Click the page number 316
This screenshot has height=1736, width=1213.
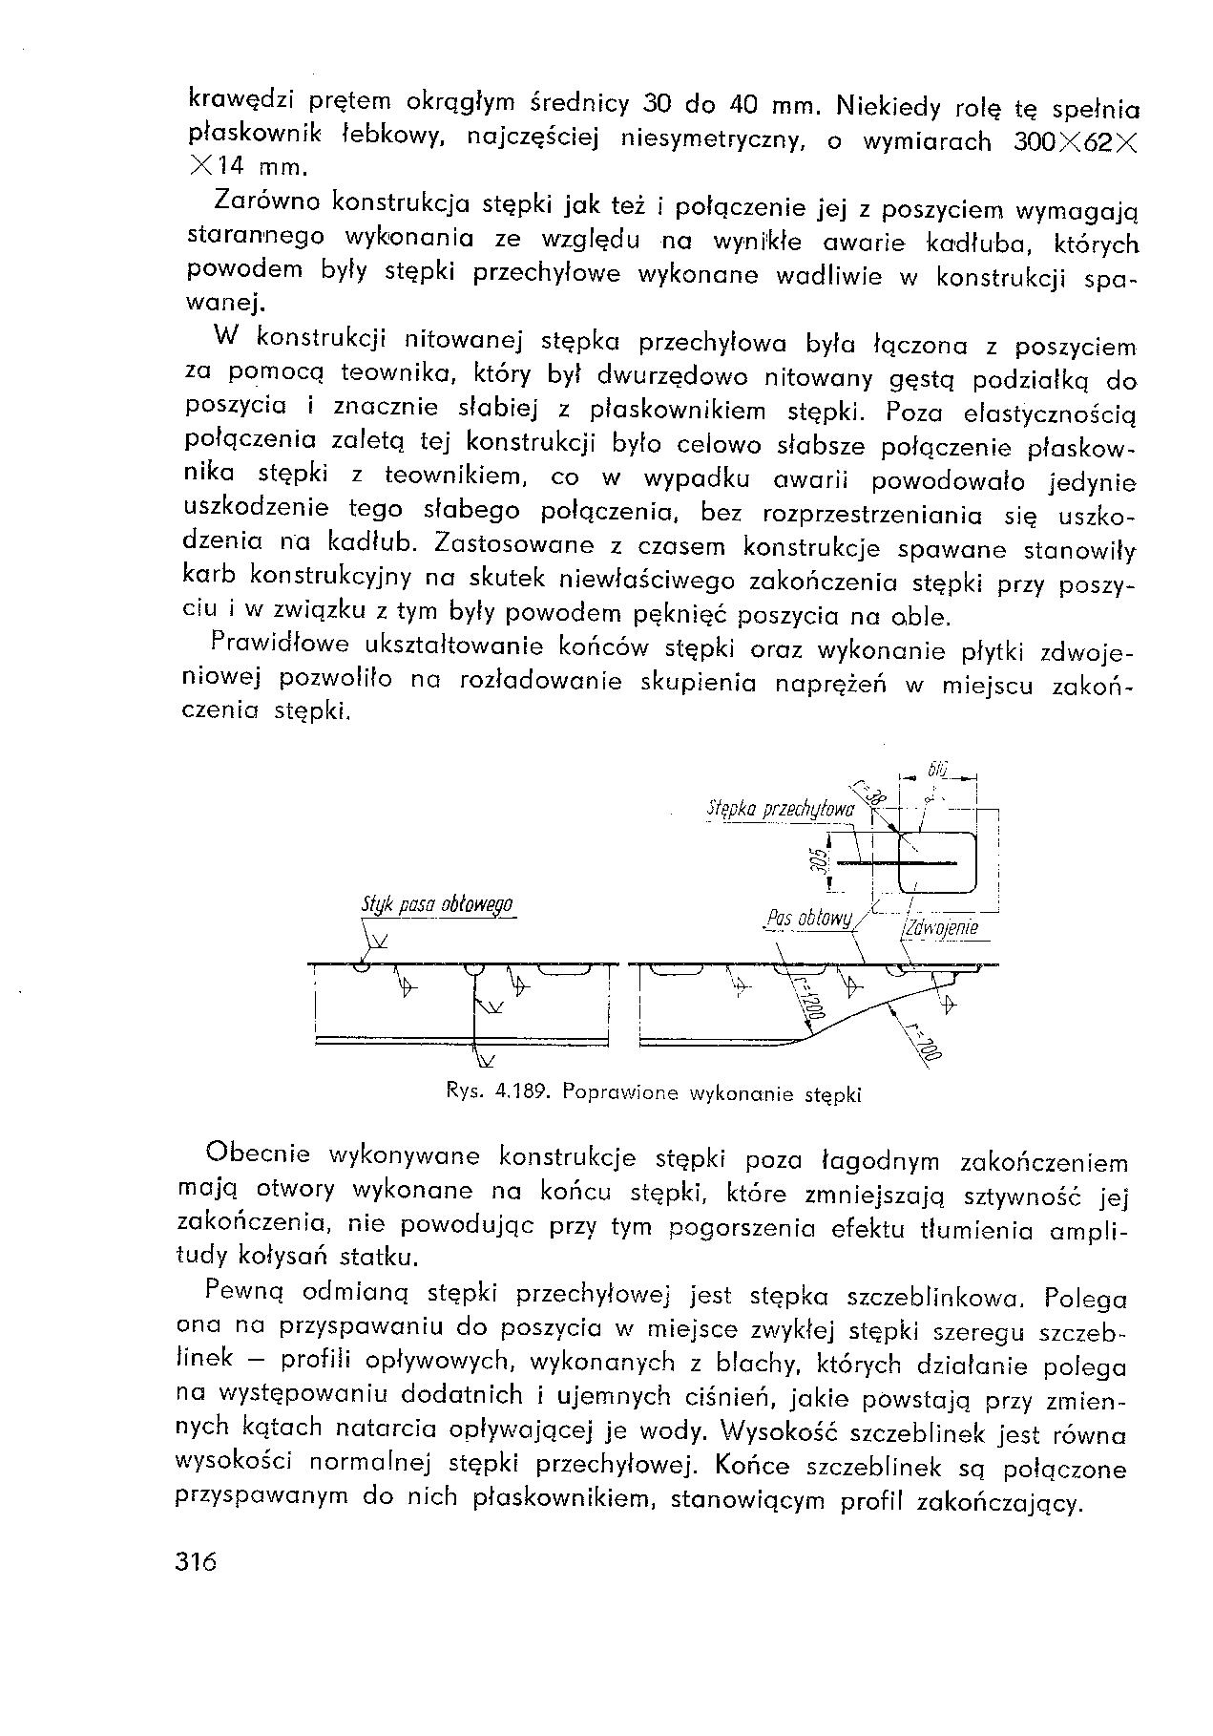[198, 1562]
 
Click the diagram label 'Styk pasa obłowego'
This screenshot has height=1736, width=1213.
[438, 905]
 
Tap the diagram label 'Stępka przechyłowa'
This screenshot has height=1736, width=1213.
[779, 810]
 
